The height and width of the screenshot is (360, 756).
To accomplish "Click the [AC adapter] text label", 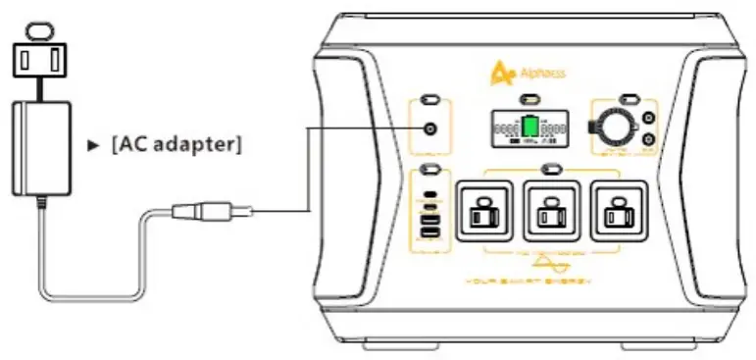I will pyautogui.click(x=177, y=143).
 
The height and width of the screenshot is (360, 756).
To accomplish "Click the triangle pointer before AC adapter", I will pyautogui.click(x=94, y=144).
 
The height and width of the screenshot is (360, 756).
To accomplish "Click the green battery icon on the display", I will pyautogui.click(x=529, y=129).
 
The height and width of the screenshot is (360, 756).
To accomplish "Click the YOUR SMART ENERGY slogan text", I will pyautogui.click(x=548, y=283).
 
